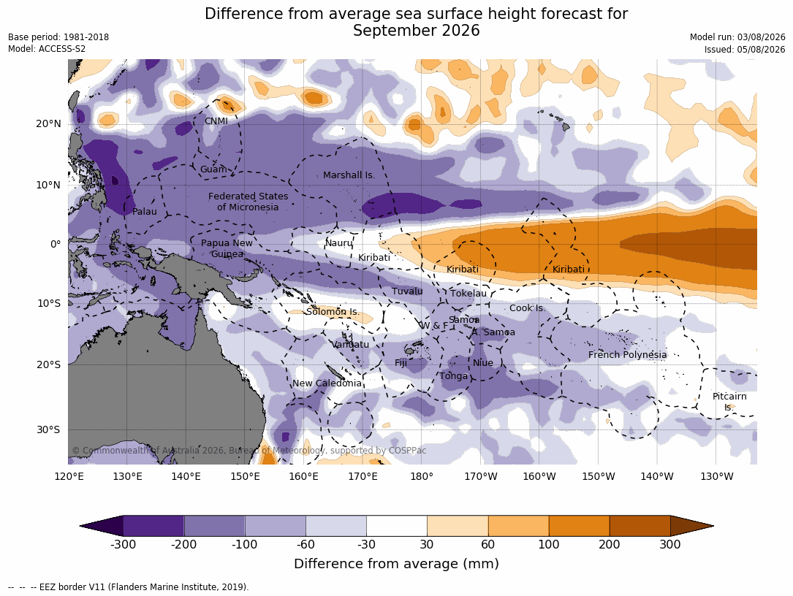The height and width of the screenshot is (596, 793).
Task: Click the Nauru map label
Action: [x=339, y=243]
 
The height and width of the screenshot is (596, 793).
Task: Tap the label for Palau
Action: [x=145, y=212]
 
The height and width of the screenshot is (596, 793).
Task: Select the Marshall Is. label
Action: [x=349, y=175]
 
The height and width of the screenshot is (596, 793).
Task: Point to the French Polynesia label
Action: [x=627, y=355]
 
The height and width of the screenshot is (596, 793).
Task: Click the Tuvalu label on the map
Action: [x=407, y=291]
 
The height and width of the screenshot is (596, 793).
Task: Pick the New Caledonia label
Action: [x=327, y=383]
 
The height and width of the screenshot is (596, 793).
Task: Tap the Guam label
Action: [x=213, y=169]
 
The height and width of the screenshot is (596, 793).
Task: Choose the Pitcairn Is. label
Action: [x=729, y=402]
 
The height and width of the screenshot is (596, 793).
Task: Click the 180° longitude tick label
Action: [x=421, y=476]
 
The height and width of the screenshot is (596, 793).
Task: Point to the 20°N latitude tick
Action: [x=48, y=124]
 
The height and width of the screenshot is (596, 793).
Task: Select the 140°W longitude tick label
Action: [x=657, y=476]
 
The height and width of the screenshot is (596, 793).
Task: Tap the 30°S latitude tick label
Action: [x=48, y=429]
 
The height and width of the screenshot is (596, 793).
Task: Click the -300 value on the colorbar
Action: [x=123, y=544]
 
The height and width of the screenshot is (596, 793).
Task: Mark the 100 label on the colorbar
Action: [x=549, y=544]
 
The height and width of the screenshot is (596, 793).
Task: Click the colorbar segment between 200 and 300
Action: [x=640, y=526]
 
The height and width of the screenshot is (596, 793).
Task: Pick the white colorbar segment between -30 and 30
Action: [x=396, y=526]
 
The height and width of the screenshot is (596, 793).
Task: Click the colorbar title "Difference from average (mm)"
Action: [x=396, y=564]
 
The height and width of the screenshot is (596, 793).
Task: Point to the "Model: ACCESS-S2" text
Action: [x=47, y=49]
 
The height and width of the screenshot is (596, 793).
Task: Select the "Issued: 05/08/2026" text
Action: [x=745, y=50]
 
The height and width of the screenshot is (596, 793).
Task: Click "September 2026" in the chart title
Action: [x=416, y=31]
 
